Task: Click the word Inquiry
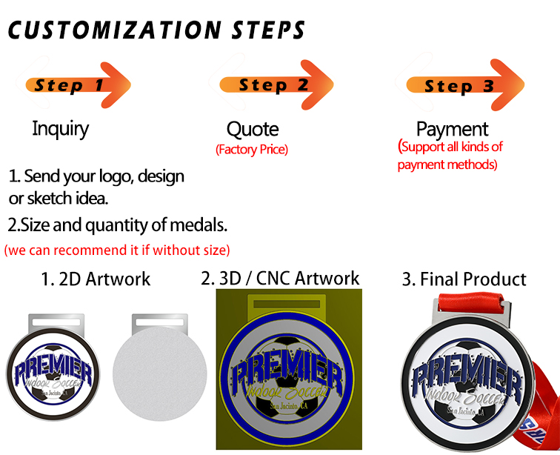click(x=60, y=128)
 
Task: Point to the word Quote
click(x=253, y=130)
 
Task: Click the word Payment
click(x=452, y=129)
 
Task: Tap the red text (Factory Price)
click(x=251, y=150)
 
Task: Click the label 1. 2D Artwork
click(x=96, y=279)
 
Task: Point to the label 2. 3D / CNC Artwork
click(x=280, y=278)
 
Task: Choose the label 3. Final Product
click(x=464, y=279)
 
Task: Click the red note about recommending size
click(x=117, y=249)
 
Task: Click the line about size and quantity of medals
click(x=117, y=224)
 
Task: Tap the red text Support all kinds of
click(x=450, y=147)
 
